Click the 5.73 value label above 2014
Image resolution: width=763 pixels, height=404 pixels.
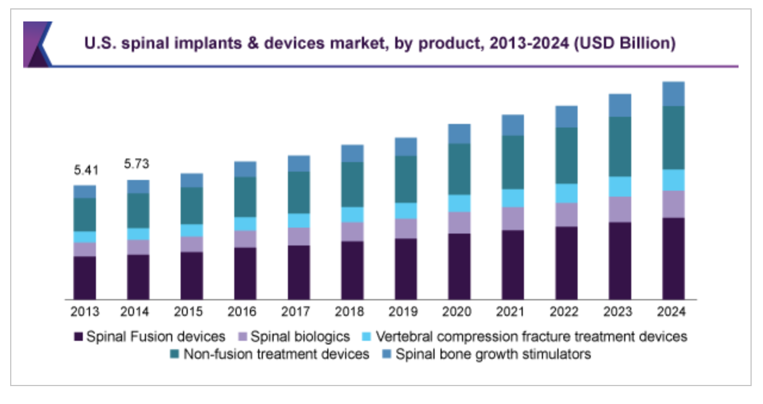pyautogui.click(x=138, y=164)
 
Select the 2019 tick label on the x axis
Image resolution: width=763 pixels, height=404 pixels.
pyautogui.click(x=406, y=312)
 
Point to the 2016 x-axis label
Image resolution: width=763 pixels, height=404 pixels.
pyautogui.click(x=245, y=312)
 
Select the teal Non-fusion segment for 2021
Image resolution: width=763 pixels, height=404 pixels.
pyautogui.click(x=513, y=162)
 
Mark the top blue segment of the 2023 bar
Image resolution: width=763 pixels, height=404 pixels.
pyautogui.click(x=620, y=105)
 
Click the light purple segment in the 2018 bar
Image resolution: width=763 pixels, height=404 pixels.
pyautogui.click(x=352, y=231)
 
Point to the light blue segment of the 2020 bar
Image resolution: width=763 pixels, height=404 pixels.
pyautogui.click(x=459, y=203)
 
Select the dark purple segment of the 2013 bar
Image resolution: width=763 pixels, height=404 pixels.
pyautogui.click(x=85, y=277)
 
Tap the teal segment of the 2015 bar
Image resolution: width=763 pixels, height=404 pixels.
pyautogui.click(x=191, y=206)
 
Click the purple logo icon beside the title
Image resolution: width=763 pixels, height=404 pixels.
pyautogui.click(x=37, y=44)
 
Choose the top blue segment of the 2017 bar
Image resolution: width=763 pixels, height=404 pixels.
pyautogui.click(x=299, y=163)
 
